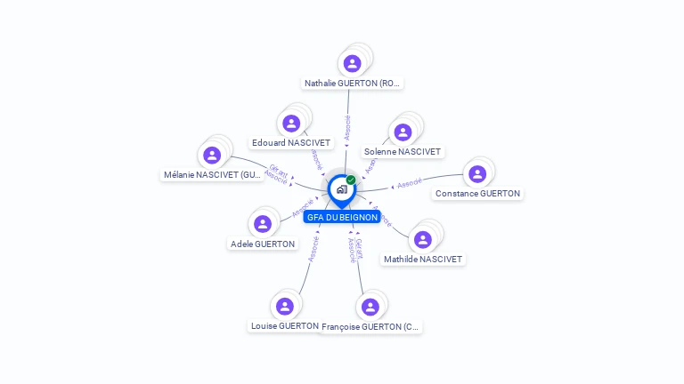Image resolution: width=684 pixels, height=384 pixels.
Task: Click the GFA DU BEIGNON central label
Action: coord(342,217)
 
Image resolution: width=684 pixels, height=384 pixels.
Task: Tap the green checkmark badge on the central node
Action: coord(351,180)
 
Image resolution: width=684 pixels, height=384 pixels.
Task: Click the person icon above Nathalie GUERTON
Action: coord(352,63)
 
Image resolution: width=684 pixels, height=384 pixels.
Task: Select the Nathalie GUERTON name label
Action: coord(354,84)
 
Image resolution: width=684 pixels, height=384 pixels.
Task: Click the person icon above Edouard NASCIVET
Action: coord(290,124)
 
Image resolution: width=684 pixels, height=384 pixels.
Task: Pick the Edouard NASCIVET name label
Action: coord(291,143)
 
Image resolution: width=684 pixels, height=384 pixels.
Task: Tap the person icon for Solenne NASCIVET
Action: coord(403,132)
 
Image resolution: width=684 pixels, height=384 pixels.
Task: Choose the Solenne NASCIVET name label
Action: coord(403,152)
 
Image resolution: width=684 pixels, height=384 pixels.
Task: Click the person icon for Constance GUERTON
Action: coord(477,173)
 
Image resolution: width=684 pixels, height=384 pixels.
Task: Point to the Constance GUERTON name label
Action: coord(478,193)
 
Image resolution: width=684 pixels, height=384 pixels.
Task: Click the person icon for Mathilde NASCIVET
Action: coord(423,239)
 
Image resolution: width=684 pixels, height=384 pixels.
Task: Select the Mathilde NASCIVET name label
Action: coord(423,259)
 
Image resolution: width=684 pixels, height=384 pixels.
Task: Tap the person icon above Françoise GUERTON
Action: coord(370,307)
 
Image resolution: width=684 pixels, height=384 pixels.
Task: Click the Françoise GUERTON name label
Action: coord(370,327)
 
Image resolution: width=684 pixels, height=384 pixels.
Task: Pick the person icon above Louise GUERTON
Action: coord(285,307)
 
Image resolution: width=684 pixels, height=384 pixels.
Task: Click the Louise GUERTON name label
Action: coord(285,326)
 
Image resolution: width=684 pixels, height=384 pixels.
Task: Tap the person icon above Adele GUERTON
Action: coord(262,224)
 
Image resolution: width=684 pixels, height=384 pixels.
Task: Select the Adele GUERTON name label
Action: coord(263,244)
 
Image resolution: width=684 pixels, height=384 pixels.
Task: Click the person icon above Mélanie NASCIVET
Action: coord(212,155)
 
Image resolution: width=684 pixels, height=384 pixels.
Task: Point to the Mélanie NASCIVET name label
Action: coord(213,175)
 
